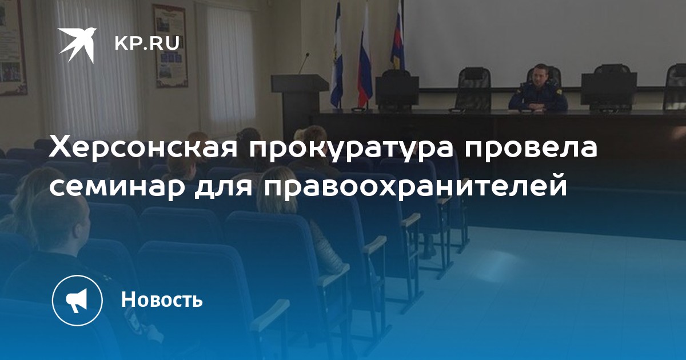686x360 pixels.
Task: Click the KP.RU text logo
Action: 147,43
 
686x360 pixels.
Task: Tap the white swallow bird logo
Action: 78,45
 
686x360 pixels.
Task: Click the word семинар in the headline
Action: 117,186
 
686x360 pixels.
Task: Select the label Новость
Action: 162,299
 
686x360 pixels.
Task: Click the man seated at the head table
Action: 539,89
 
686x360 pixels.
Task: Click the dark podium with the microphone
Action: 299,101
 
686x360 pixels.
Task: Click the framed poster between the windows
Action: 171,46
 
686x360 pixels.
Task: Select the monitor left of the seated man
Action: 397,91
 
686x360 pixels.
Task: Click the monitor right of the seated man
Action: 608,89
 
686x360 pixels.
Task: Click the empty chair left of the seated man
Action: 473,89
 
